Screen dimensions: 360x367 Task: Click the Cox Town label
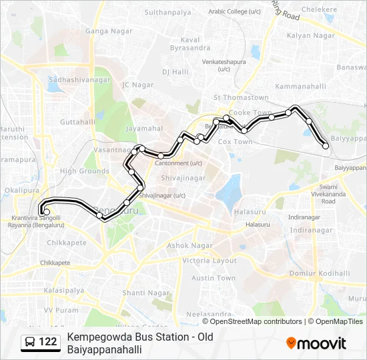click(x=236, y=142)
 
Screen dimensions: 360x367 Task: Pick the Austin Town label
click(x=214, y=278)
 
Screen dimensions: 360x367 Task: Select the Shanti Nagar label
click(x=143, y=293)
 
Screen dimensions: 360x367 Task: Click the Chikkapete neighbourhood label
click(x=67, y=243)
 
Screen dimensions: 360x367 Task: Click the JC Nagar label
click(x=138, y=85)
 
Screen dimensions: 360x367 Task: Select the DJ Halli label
click(x=176, y=71)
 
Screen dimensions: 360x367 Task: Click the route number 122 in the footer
click(x=48, y=343)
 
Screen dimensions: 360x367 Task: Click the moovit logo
click(x=316, y=343)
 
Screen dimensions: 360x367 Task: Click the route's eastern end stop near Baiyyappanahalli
click(x=325, y=145)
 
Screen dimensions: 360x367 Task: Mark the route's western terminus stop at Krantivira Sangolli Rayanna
click(x=46, y=212)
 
